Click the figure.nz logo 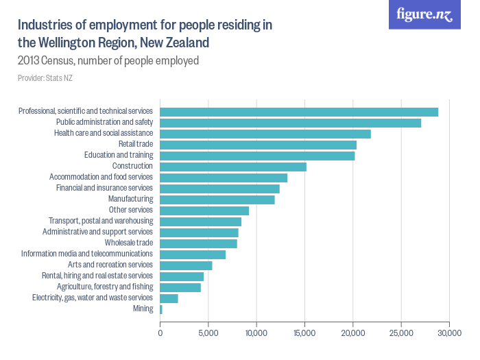click(424, 15)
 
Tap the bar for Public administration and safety click(290, 123)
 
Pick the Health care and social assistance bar click(265, 134)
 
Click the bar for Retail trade click(258, 145)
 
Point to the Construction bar click(232, 167)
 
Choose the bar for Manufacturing click(217, 200)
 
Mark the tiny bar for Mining click(160, 309)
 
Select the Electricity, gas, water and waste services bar click(169, 298)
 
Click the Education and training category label click(119, 155)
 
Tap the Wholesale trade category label click(128, 243)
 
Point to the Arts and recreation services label click(110, 265)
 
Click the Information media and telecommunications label click(86, 254)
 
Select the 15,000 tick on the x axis click(304, 333)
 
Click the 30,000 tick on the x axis click(449, 333)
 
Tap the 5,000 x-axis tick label click(208, 333)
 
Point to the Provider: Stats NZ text click(45, 78)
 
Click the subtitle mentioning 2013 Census click(108, 60)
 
